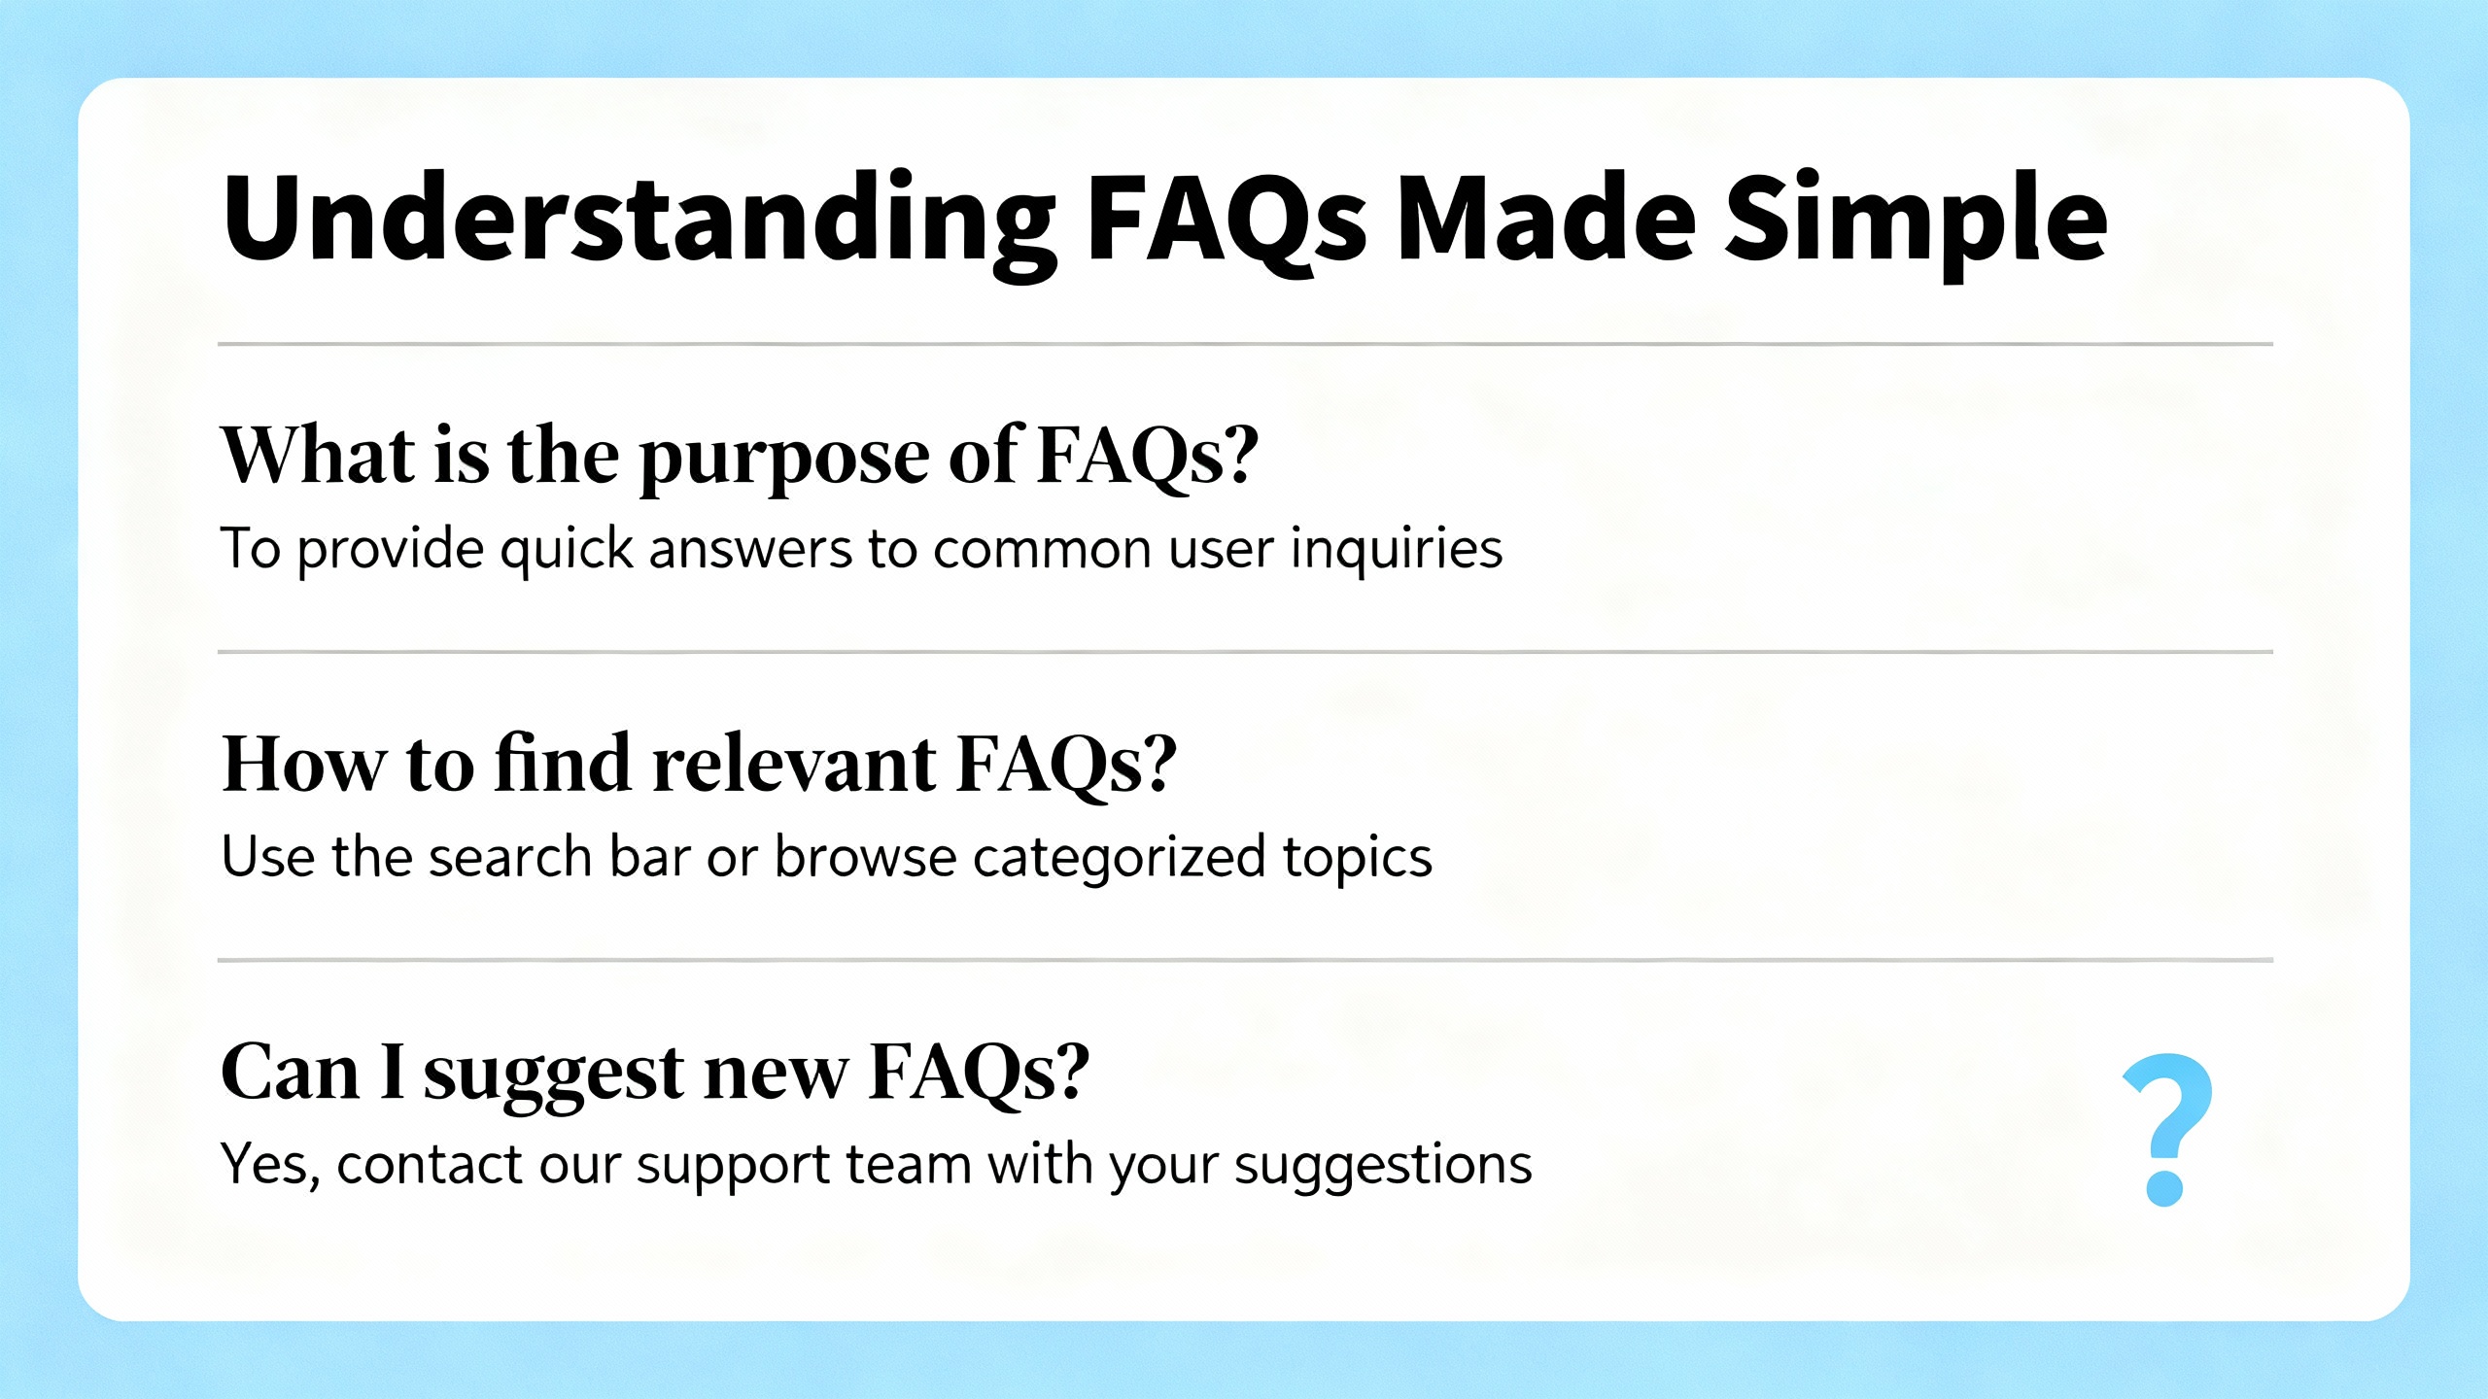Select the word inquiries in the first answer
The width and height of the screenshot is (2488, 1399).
point(1397,549)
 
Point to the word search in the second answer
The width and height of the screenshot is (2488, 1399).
point(510,857)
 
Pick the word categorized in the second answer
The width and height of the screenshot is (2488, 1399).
point(1119,859)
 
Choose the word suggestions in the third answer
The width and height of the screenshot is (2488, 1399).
point(1383,1167)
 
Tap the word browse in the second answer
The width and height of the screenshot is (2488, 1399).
point(866,857)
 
